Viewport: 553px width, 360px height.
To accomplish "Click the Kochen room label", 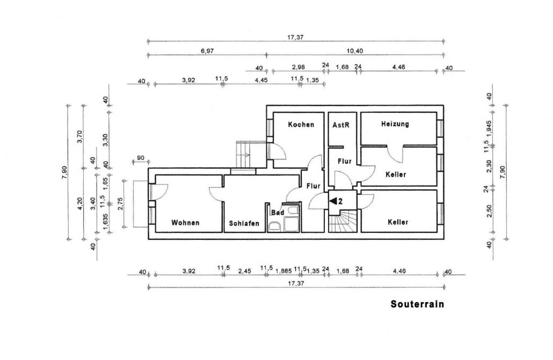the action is click(x=301, y=124).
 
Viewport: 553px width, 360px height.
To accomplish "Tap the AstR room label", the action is click(x=341, y=125).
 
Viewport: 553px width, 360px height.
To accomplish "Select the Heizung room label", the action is click(x=395, y=124).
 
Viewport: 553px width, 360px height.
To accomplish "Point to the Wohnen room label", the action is click(x=185, y=223).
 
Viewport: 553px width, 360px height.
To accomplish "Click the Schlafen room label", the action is click(x=244, y=223).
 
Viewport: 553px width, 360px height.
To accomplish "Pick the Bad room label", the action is click(x=278, y=212).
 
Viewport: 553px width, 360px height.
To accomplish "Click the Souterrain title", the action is click(x=417, y=304).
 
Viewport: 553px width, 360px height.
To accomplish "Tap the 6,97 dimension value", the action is click(x=207, y=51).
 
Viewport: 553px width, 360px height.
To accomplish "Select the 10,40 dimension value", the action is click(x=354, y=51).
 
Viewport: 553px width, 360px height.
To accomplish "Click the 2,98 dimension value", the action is click(x=299, y=67).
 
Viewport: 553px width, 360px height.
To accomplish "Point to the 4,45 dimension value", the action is click(x=261, y=80).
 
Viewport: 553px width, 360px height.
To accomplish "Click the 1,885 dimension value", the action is click(x=283, y=271).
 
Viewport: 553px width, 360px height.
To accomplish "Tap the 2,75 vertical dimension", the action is click(x=120, y=204).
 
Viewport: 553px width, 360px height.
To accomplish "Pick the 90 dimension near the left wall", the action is click(x=140, y=158).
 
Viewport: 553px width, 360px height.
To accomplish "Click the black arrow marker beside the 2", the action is click(x=333, y=201).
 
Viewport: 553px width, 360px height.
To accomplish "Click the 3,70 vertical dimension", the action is click(x=79, y=136).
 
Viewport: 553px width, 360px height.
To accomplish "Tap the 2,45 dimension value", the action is click(x=244, y=271).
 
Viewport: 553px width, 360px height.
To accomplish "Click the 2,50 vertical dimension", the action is click(x=489, y=211).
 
